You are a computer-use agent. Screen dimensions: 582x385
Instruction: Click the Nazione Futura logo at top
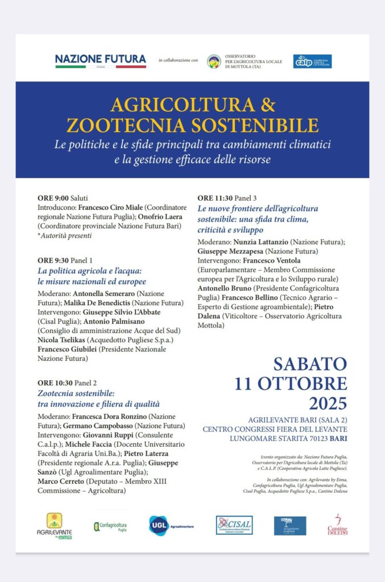pyautogui.click(x=101, y=60)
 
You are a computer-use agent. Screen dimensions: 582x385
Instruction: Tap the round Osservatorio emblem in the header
pyautogui.click(x=214, y=61)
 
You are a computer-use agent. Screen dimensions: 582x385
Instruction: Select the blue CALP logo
pyautogui.click(x=312, y=61)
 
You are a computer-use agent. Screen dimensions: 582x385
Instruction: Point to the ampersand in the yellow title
pyautogui.click(x=267, y=105)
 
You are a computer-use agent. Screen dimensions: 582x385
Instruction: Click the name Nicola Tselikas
pyautogui.click(x=64, y=340)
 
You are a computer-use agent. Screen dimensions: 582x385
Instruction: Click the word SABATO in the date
pyautogui.click(x=309, y=364)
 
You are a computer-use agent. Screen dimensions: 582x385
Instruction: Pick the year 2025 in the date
pyautogui.click(x=328, y=403)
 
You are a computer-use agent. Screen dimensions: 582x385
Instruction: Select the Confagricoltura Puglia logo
pyautogui.click(x=110, y=526)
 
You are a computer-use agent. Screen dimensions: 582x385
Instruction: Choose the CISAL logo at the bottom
pyautogui.click(x=234, y=525)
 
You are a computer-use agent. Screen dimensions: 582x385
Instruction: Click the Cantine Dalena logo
pyautogui.click(x=337, y=525)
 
